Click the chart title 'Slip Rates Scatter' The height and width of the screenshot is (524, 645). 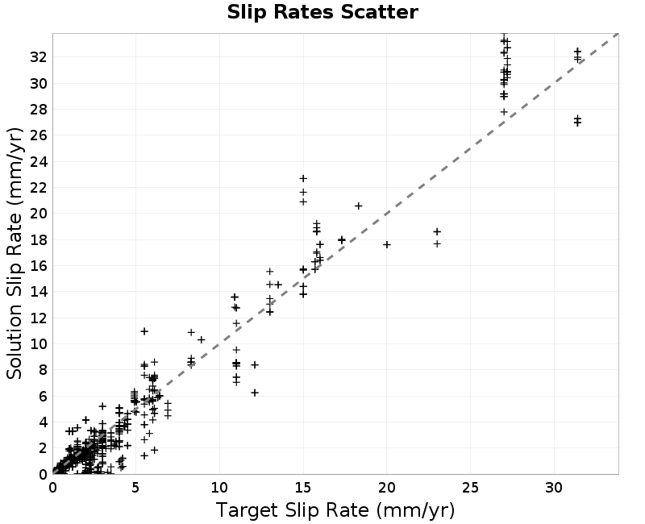(x=322, y=12)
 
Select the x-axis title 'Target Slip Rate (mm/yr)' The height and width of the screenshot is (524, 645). (x=335, y=510)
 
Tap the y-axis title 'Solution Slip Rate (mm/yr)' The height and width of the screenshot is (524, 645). (x=15, y=253)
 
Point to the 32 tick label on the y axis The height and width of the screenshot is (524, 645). (x=39, y=57)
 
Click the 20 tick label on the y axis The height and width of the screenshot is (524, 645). (x=39, y=214)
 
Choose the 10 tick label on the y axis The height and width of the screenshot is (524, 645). (x=39, y=344)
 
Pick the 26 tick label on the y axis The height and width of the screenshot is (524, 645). (x=39, y=135)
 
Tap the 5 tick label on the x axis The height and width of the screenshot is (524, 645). (x=135, y=488)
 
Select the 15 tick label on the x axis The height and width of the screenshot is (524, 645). (x=303, y=488)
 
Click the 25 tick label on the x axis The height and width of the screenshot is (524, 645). (x=470, y=488)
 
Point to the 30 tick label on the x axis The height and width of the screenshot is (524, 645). (x=554, y=488)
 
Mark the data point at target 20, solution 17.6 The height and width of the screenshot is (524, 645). (x=387, y=245)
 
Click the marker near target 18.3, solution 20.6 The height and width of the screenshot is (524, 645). (x=358, y=206)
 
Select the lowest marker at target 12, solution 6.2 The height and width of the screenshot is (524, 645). (x=255, y=393)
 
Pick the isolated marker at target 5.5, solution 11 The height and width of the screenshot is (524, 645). (x=144, y=331)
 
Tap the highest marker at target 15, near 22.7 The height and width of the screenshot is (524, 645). (x=303, y=178)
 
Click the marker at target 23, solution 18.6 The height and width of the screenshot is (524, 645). (x=437, y=231)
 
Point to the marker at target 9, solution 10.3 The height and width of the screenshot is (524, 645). (x=201, y=339)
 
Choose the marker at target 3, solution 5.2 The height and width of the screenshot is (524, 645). (x=102, y=406)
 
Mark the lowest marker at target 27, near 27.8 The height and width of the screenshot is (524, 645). (x=505, y=112)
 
